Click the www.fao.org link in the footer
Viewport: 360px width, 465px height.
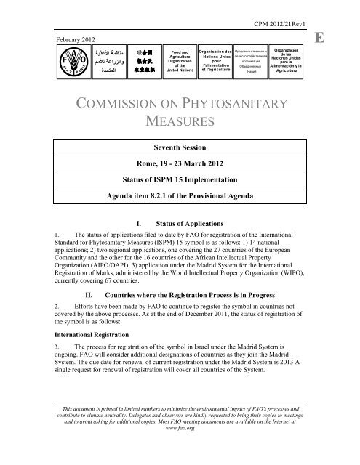click(x=179, y=449)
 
